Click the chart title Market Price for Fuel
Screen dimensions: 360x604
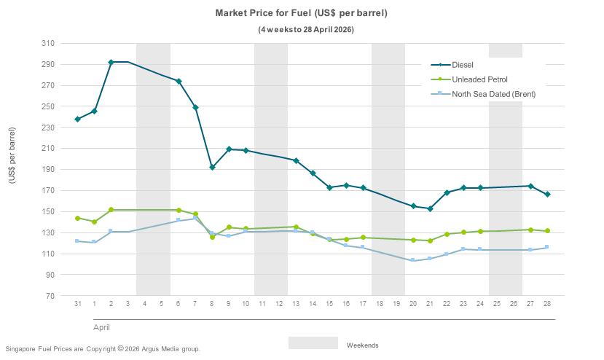click(x=301, y=13)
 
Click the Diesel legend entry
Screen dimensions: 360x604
click(x=463, y=65)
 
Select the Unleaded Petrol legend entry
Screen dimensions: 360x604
click(x=479, y=79)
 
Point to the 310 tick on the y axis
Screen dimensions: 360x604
click(x=47, y=44)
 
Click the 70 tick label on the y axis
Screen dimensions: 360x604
click(x=50, y=296)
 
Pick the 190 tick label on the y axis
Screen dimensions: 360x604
click(x=47, y=170)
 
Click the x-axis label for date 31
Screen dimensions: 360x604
click(x=77, y=303)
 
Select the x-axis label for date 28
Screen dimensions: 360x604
click(x=547, y=303)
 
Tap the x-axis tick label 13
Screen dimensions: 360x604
click(x=296, y=303)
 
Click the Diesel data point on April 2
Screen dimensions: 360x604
click(x=111, y=62)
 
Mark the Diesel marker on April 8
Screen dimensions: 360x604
click(x=212, y=168)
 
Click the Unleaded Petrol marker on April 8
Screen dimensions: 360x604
click(x=212, y=237)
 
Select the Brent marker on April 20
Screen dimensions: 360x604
click(x=413, y=260)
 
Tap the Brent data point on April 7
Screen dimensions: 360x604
click(x=195, y=219)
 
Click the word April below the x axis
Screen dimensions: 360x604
click(x=101, y=328)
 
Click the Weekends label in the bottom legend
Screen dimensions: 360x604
click(x=362, y=345)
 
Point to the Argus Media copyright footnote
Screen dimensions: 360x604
click(x=102, y=349)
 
